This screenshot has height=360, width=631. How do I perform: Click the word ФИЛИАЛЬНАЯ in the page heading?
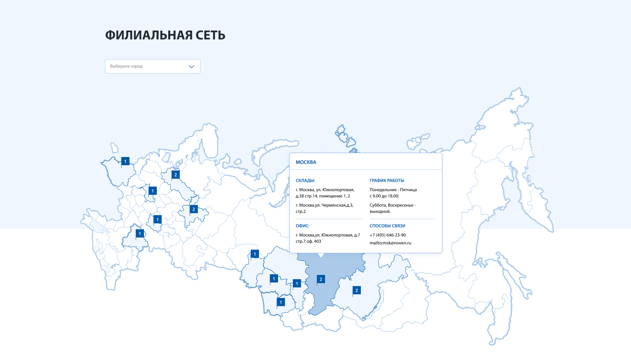pyautogui.click(x=149, y=35)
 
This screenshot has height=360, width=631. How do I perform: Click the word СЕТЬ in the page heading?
pyautogui.click(x=210, y=35)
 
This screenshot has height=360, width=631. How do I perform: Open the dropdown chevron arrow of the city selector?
pyautogui.click(x=192, y=66)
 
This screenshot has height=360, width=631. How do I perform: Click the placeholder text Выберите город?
pyautogui.click(x=126, y=66)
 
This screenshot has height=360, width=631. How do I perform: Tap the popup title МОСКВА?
pyautogui.click(x=306, y=162)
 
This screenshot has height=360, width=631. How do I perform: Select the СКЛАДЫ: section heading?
pyautogui.click(x=305, y=180)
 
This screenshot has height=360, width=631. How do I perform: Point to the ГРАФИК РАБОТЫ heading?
pyautogui.click(x=387, y=180)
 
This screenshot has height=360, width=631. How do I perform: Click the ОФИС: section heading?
pyautogui.click(x=302, y=226)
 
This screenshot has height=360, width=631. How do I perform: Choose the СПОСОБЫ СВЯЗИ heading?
pyautogui.click(x=387, y=226)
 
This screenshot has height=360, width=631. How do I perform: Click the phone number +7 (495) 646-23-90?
pyautogui.click(x=387, y=235)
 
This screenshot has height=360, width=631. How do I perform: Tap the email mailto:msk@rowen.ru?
pyautogui.click(x=390, y=243)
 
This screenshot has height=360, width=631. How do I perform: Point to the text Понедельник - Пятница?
pyautogui.click(x=393, y=190)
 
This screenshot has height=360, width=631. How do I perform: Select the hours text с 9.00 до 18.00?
pyautogui.click(x=384, y=196)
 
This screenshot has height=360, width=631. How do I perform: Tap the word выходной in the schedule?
pyautogui.click(x=380, y=212)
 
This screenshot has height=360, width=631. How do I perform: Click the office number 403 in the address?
pyautogui.click(x=317, y=241)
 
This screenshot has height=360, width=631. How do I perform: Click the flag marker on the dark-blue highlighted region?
pyautogui.click(x=321, y=279)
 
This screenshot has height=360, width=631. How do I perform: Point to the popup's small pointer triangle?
pyautogui.click(x=321, y=255)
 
